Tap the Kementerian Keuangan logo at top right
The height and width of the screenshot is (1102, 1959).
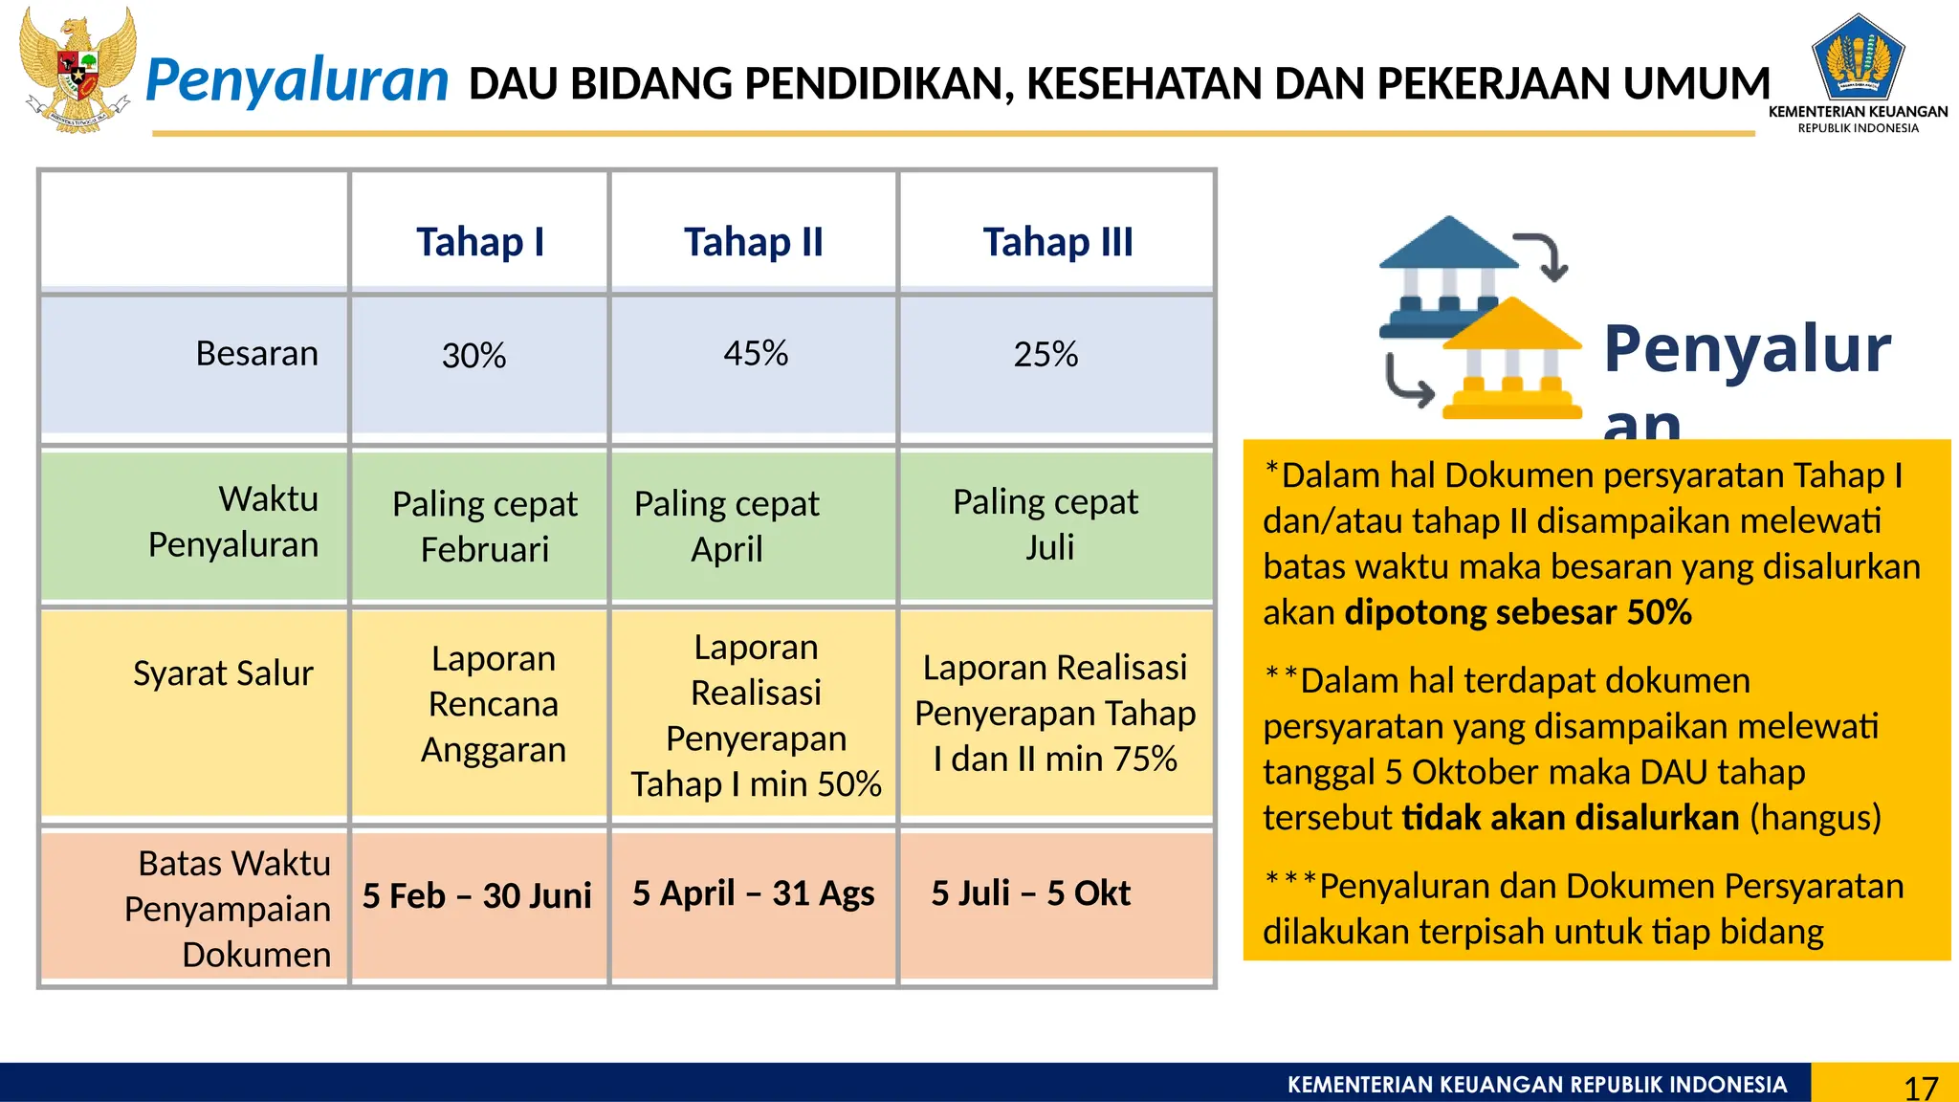[x=1858, y=59]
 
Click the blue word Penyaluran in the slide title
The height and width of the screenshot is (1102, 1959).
[x=297, y=80]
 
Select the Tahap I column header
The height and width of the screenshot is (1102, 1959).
[x=480, y=242]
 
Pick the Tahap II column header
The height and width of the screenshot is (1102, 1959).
[x=754, y=242]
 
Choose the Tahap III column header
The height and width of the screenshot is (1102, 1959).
[x=1058, y=242]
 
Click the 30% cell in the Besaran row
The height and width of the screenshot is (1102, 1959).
[x=474, y=356]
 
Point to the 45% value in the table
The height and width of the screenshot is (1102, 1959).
[x=756, y=354]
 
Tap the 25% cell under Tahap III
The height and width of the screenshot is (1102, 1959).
[x=1046, y=355]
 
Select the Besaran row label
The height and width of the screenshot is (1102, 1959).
[x=256, y=354]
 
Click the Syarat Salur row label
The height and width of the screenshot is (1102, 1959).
[x=223, y=673]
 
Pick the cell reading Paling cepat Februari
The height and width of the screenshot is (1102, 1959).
[x=485, y=526]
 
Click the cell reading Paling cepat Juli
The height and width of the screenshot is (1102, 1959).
[x=1046, y=524]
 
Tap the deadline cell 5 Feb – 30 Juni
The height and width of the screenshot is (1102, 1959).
[x=476, y=896]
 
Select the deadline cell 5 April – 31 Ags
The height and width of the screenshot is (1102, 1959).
[x=754, y=893]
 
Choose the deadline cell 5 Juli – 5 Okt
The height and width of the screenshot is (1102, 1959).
[x=1031, y=893]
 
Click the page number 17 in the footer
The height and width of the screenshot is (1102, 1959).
[x=1921, y=1088]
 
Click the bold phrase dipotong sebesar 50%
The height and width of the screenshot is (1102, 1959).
[x=1518, y=612]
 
